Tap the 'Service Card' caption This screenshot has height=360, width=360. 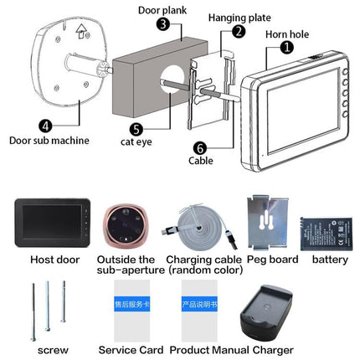coord(131,348)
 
